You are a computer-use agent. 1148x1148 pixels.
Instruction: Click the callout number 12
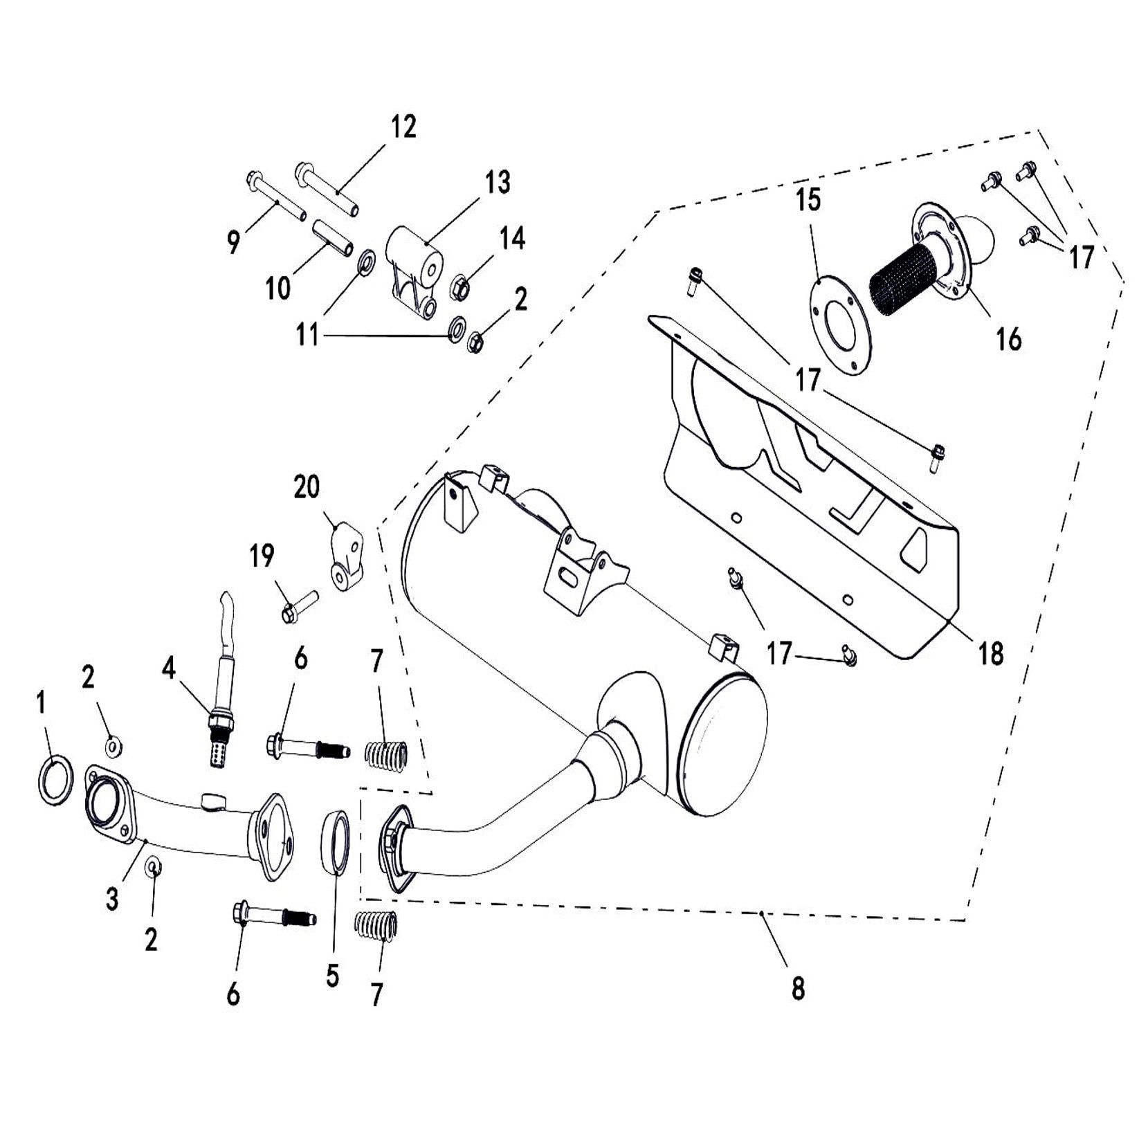coord(403,127)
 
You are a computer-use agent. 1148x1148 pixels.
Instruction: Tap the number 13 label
coord(498,183)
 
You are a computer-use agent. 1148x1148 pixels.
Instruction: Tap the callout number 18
coord(991,653)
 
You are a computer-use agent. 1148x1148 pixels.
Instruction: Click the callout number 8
coord(798,990)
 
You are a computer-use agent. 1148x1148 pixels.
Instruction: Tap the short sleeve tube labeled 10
coord(332,237)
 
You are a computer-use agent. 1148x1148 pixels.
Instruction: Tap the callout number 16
coord(1008,339)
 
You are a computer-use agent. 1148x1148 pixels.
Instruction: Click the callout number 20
coord(307,487)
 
